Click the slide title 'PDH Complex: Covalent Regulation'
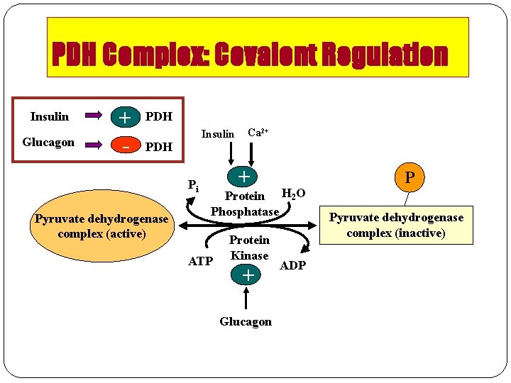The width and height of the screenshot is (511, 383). point(250,55)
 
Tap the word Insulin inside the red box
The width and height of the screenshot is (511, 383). point(50,116)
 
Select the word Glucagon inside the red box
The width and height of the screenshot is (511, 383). point(48,143)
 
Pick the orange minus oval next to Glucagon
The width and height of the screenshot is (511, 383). point(125,146)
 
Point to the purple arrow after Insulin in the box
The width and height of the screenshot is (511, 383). point(94,116)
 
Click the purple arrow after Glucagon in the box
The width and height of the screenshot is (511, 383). point(94,143)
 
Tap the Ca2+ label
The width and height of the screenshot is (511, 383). point(257,133)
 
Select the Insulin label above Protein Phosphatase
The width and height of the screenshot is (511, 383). point(217,134)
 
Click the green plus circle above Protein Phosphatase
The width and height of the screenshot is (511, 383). point(243,174)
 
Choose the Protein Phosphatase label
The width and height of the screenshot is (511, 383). point(245,204)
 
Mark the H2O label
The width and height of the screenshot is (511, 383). point(294,194)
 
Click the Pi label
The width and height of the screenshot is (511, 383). point(193,187)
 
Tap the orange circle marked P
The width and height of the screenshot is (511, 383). point(410,177)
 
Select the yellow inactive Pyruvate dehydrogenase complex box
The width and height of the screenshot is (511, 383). point(396,225)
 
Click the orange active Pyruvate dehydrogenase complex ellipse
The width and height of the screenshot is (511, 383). point(101,226)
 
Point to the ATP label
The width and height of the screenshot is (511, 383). point(200,262)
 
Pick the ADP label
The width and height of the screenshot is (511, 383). point(292,265)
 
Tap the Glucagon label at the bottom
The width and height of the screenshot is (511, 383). point(246,321)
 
